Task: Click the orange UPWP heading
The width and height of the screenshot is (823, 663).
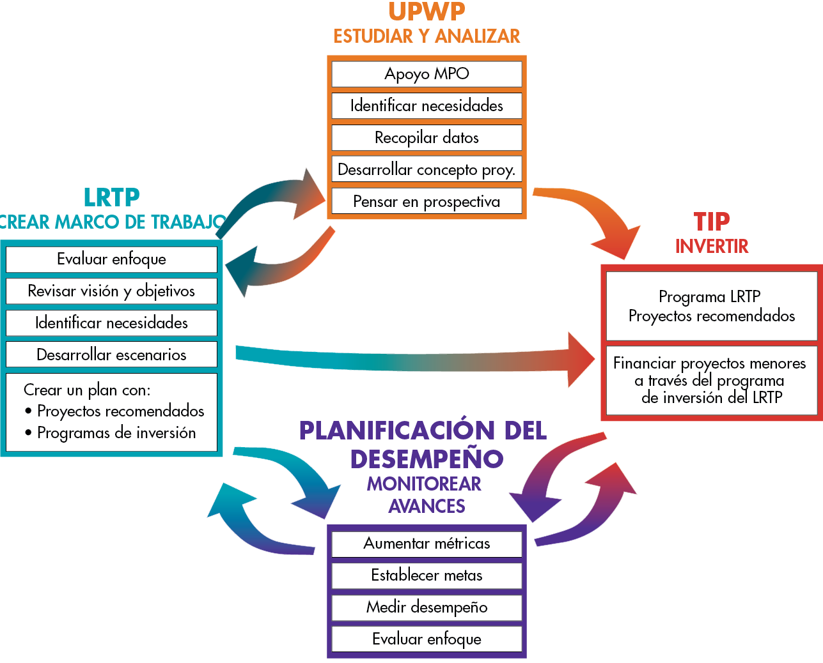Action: [427, 11]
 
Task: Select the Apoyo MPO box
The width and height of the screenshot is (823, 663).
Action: [427, 73]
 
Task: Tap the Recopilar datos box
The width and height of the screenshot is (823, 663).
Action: [427, 137]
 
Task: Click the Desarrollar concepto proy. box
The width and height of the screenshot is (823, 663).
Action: [427, 169]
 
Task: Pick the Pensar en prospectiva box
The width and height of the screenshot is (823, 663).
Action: [427, 201]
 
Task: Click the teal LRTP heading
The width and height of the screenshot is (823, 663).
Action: [112, 197]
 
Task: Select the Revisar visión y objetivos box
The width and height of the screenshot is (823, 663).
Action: [111, 291]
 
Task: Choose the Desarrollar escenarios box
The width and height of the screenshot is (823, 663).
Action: [111, 354]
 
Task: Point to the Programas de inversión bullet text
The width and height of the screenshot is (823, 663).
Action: [116, 433]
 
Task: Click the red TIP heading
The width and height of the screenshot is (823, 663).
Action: [712, 222]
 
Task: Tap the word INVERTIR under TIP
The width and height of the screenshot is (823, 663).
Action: [712, 246]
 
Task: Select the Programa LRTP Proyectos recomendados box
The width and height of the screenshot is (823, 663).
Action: [712, 306]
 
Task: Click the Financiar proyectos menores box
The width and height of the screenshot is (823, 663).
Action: [712, 380]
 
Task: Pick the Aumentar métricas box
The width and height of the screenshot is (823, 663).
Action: [427, 544]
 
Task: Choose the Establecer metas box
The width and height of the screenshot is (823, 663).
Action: [427, 575]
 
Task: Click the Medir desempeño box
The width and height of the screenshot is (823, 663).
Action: [427, 607]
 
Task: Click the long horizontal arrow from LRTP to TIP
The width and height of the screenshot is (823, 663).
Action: [415, 361]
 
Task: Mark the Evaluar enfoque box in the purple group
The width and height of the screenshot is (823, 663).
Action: [427, 639]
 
